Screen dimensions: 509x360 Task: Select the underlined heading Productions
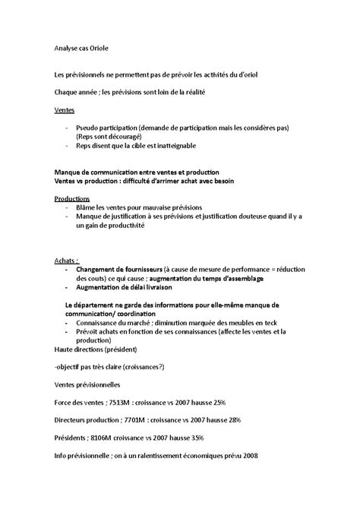point(72,198)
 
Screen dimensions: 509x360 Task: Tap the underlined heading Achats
point(67,259)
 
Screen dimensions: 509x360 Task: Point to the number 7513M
point(122,422)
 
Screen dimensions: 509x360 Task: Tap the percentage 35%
point(218,458)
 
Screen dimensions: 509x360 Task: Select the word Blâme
point(87,207)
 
